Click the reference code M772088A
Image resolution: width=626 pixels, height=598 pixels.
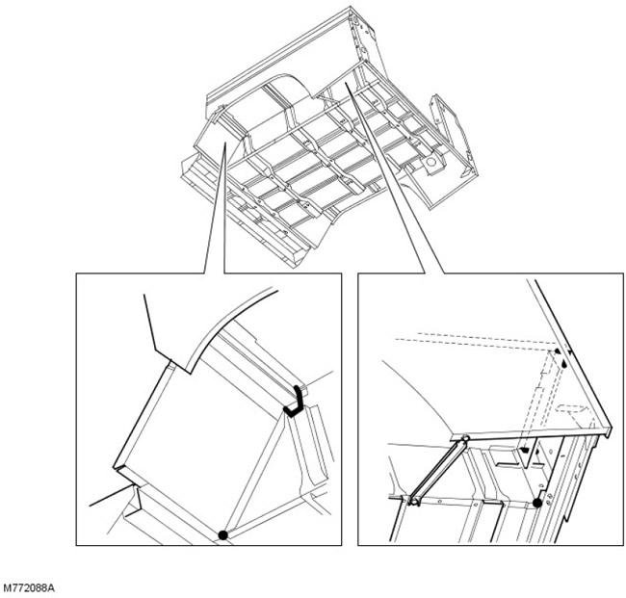(28, 588)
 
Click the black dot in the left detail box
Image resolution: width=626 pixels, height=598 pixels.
(222, 535)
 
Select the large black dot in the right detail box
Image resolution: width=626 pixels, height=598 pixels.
(537, 503)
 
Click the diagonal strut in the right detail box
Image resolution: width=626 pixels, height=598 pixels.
(439, 470)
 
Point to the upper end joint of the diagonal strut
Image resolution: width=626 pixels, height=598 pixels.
(465, 439)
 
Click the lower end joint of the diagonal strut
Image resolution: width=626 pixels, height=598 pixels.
(413, 501)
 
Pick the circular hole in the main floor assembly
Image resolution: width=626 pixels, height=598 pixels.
(430, 162)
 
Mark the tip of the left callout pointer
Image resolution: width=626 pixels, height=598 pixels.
(225, 143)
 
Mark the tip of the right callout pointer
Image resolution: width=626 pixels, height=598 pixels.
(346, 83)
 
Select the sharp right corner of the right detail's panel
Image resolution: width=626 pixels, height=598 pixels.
(611, 431)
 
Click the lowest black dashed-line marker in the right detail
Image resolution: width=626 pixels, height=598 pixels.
(525, 450)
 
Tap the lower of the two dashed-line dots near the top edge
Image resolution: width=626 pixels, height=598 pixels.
(563, 365)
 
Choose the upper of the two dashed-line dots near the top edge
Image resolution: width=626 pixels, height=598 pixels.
(557, 351)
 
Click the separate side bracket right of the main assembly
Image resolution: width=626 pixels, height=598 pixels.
(454, 136)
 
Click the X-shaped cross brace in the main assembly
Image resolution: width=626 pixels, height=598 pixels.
(327, 95)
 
